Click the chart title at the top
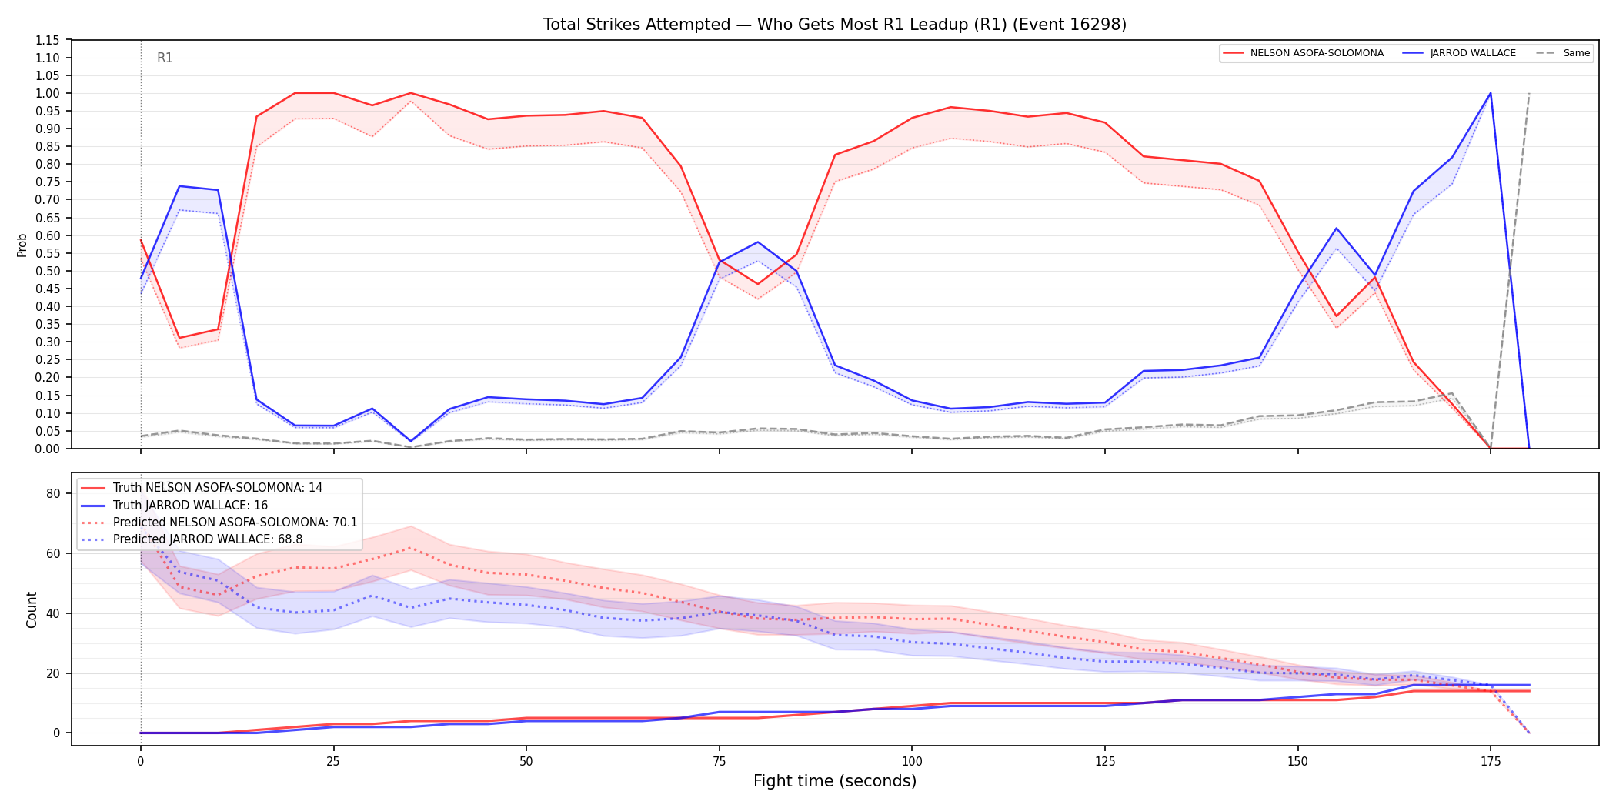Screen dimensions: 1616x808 coord(834,25)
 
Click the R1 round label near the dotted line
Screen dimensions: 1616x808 coord(165,58)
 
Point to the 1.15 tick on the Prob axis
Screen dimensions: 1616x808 coord(48,40)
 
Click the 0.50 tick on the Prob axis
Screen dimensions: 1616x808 coord(48,271)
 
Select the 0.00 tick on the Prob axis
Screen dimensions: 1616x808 coord(48,449)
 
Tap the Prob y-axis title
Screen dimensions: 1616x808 coord(22,245)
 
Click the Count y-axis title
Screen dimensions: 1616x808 coord(32,609)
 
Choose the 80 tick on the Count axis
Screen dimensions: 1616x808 coord(53,494)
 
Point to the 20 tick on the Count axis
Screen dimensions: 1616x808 coord(53,673)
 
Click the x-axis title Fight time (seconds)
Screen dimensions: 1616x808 coord(835,781)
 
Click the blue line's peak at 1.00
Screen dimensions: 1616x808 coord(1491,93)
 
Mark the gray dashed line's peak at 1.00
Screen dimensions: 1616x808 coord(1529,93)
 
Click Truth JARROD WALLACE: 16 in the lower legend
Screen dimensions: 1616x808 coord(190,506)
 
